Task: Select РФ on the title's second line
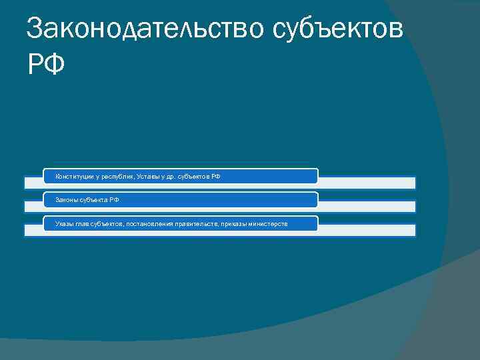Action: [46, 65]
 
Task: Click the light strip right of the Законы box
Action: [366, 206]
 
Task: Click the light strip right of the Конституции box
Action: [366, 182]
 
